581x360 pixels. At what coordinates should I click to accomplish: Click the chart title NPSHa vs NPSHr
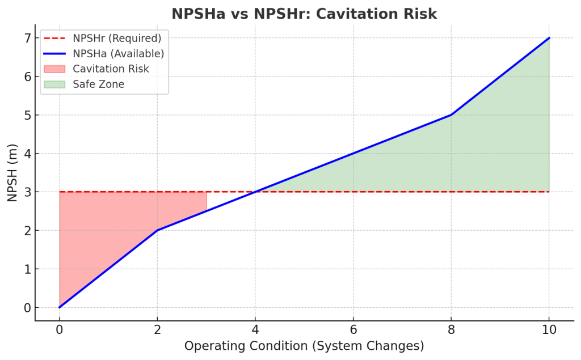click(304, 14)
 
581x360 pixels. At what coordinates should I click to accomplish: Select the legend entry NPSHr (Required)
click(117, 39)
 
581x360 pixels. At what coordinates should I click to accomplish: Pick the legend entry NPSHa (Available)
click(118, 54)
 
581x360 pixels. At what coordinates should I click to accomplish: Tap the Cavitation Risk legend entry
click(111, 69)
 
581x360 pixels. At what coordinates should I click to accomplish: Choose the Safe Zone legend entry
click(98, 84)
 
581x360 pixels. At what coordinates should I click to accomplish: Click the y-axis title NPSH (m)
click(12, 172)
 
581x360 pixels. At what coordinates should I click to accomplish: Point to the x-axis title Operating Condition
click(304, 346)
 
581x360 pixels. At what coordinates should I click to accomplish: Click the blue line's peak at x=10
click(549, 38)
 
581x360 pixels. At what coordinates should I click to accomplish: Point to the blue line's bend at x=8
click(451, 115)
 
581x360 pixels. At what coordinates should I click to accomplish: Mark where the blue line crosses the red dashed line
click(255, 192)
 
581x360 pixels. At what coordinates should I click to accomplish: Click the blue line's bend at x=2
click(157, 230)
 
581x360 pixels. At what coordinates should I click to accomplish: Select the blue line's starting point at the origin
click(59, 307)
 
